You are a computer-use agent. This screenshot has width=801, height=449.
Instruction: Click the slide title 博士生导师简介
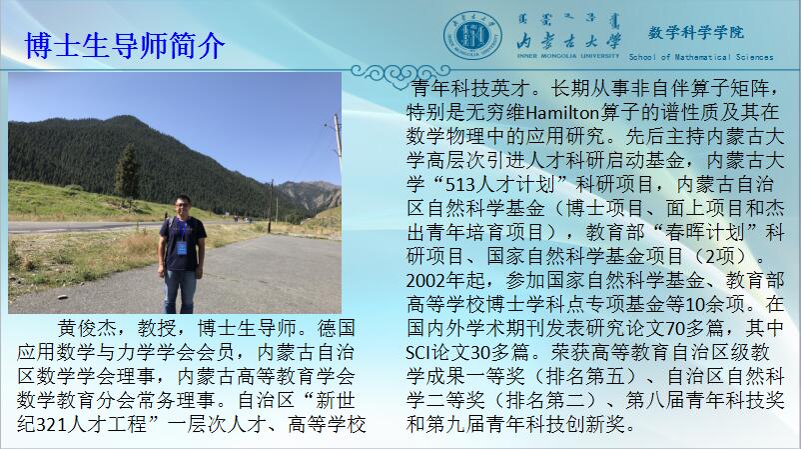(125, 46)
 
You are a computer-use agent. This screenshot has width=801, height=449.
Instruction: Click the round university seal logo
(472, 36)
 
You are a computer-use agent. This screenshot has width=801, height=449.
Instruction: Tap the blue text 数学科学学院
(696, 33)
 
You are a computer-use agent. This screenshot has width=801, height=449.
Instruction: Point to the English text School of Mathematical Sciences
(701, 57)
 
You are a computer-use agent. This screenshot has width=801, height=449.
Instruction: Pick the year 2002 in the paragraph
(426, 281)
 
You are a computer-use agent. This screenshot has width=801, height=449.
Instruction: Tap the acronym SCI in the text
(418, 352)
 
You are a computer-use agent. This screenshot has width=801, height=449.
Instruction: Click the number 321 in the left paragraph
(53, 424)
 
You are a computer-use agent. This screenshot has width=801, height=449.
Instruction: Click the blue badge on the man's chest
(182, 248)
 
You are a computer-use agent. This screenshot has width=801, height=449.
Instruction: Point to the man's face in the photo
(182, 207)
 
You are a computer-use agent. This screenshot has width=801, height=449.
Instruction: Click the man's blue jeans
(180, 290)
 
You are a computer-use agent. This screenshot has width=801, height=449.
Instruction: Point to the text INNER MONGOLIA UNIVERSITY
(568, 56)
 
